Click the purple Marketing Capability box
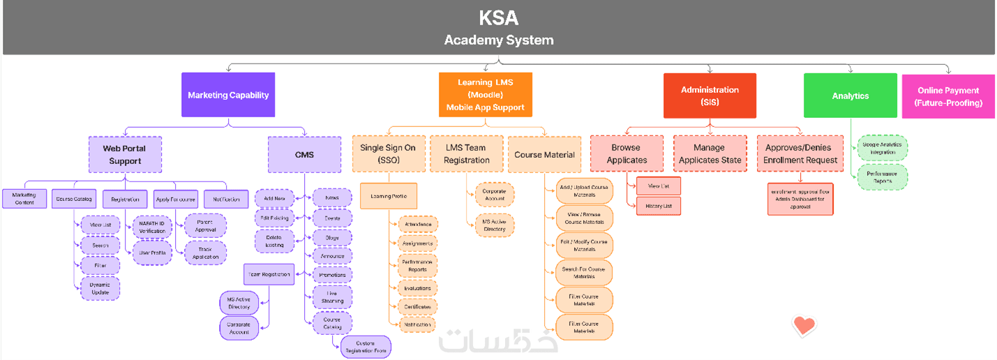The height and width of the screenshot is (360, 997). tap(228, 95)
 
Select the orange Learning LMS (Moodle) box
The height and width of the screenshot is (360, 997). tap(485, 95)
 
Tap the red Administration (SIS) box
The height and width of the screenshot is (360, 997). tap(710, 96)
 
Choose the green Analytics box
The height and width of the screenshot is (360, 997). tap(850, 96)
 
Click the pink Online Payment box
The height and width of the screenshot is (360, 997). tap(948, 96)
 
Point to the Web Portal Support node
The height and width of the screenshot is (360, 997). tap(125, 154)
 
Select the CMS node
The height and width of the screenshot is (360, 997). tap(304, 154)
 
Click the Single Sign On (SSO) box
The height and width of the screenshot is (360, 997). tap(388, 153)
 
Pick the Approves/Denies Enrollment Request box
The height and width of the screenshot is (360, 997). tap(800, 153)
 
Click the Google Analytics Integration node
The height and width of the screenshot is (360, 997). tap(883, 148)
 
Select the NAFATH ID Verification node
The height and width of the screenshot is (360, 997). tap(152, 226)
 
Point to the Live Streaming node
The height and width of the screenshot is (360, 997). tap(332, 297)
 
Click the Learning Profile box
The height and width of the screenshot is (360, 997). tap(389, 196)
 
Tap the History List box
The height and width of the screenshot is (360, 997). tap(659, 206)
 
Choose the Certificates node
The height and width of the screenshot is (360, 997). tap(418, 306)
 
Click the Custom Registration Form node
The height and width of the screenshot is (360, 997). tap(366, 347)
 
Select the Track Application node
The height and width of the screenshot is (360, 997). tap(205, 253)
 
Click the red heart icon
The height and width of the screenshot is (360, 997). tap(804, 325)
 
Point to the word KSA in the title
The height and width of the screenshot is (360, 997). tap(498, 17)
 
